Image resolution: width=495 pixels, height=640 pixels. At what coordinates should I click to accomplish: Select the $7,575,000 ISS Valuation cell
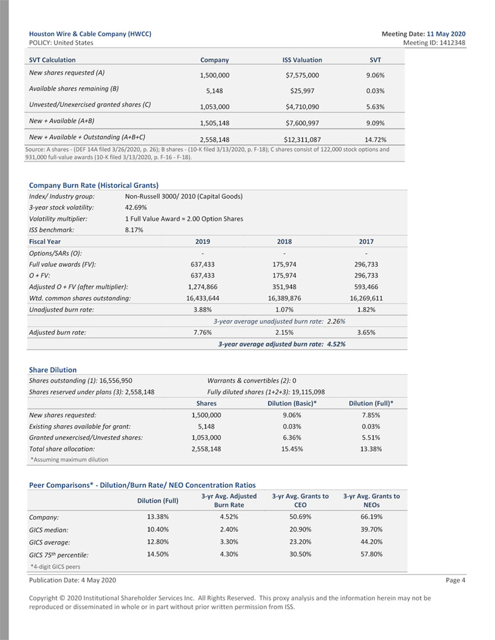tap(302, 76)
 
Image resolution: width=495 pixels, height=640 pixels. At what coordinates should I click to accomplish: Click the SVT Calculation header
tap(53, 60)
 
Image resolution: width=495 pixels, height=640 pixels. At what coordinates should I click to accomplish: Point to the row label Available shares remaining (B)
tap(74, 89)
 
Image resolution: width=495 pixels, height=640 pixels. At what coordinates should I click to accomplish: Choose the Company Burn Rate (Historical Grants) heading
tap(94, 185)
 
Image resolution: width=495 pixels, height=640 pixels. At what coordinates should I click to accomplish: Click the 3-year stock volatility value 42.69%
tap(136, 207)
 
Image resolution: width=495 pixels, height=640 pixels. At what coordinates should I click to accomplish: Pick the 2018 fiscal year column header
tap(284, 241)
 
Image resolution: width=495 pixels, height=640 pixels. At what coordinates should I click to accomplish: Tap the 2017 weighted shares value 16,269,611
tap(366, 298)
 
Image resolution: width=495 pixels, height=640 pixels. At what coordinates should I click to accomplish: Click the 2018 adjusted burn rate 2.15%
tap(284, 332)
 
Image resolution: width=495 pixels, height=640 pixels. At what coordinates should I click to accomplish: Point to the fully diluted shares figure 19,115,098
tap(303, 392)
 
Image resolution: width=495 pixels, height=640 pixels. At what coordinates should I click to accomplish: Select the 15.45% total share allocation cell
tap(292, 449)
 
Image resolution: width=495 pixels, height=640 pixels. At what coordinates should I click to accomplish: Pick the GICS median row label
tap(49, 530)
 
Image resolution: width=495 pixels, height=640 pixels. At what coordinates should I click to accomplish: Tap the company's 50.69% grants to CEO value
tap(300, 517)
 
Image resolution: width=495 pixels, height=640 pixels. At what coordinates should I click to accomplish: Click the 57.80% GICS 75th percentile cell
tap(371, 555)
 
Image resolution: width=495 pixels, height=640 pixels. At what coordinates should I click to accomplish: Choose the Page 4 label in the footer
tap(455, 580)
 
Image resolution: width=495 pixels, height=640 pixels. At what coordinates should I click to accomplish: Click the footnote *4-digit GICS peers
tap(55, 566)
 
